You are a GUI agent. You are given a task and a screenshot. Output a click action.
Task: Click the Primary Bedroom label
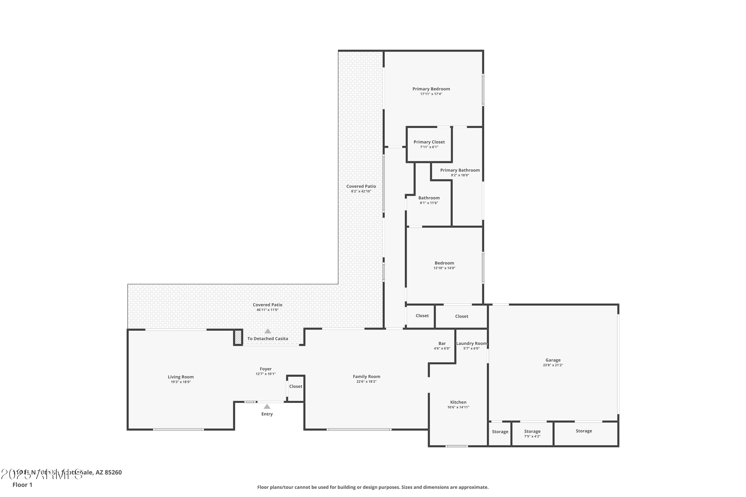pyautogui.click(x=431, y=89)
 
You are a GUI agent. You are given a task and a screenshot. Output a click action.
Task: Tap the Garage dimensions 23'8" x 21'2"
pyautogui.click(x=553, y=365)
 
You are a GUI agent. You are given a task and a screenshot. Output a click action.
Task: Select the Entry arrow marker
pyautogui.click(x=267, y=407)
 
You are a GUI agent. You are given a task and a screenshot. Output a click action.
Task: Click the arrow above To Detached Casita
pyautogui.click(x=268, y=331)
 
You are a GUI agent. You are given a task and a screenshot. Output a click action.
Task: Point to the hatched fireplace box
pyautogui.click(x=238, y=337)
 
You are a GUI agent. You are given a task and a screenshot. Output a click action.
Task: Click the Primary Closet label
pyautogui.click(x=429, y=142)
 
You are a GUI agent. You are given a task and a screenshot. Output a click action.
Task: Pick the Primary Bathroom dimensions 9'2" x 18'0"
pyautogui.click(x=460, y=175)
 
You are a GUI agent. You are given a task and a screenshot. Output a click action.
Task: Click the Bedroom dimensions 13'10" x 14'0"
pyautogui.click(x=444, y=268)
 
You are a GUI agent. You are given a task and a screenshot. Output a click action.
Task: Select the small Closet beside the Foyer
pyautogui.click(x=296, y=386)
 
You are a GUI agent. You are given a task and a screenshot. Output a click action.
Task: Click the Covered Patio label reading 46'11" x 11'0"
pyautogui.click(x=267, y=305)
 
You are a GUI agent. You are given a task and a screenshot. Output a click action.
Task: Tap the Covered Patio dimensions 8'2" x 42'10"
pyautogui.click(x=361, y=191)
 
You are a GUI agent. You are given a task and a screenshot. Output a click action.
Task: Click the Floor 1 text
pyautogui.click(x=22, y=485)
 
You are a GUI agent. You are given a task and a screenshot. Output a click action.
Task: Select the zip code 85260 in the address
pyautogui.click(x=113, y=472)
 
